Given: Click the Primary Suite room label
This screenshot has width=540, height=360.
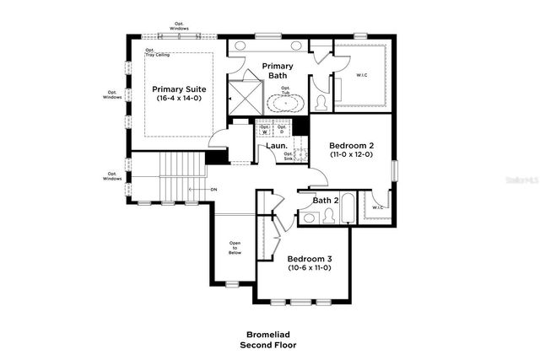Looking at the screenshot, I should click(179, 89).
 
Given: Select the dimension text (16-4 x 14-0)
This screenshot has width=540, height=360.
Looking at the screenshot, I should click(179, 99).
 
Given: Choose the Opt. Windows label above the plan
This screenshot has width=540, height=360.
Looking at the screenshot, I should click(179, 26).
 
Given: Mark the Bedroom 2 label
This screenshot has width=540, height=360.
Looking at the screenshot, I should click(350, 146).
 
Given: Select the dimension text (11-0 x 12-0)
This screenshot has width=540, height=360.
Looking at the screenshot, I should click(350, 155).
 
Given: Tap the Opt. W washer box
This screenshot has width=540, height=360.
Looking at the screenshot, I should click(264, 129).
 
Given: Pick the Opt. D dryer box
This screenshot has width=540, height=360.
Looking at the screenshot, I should click(282, 129).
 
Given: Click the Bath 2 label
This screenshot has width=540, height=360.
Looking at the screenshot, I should click(326, 201).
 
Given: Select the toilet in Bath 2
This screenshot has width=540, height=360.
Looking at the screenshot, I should click(309, 218).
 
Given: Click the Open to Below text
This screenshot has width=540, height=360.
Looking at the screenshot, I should click(235, 246).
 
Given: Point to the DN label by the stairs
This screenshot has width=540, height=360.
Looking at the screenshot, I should click(213, 190).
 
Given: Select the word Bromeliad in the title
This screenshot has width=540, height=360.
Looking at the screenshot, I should click(269, 334).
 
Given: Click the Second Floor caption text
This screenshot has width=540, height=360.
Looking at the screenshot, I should click(269, 345).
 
